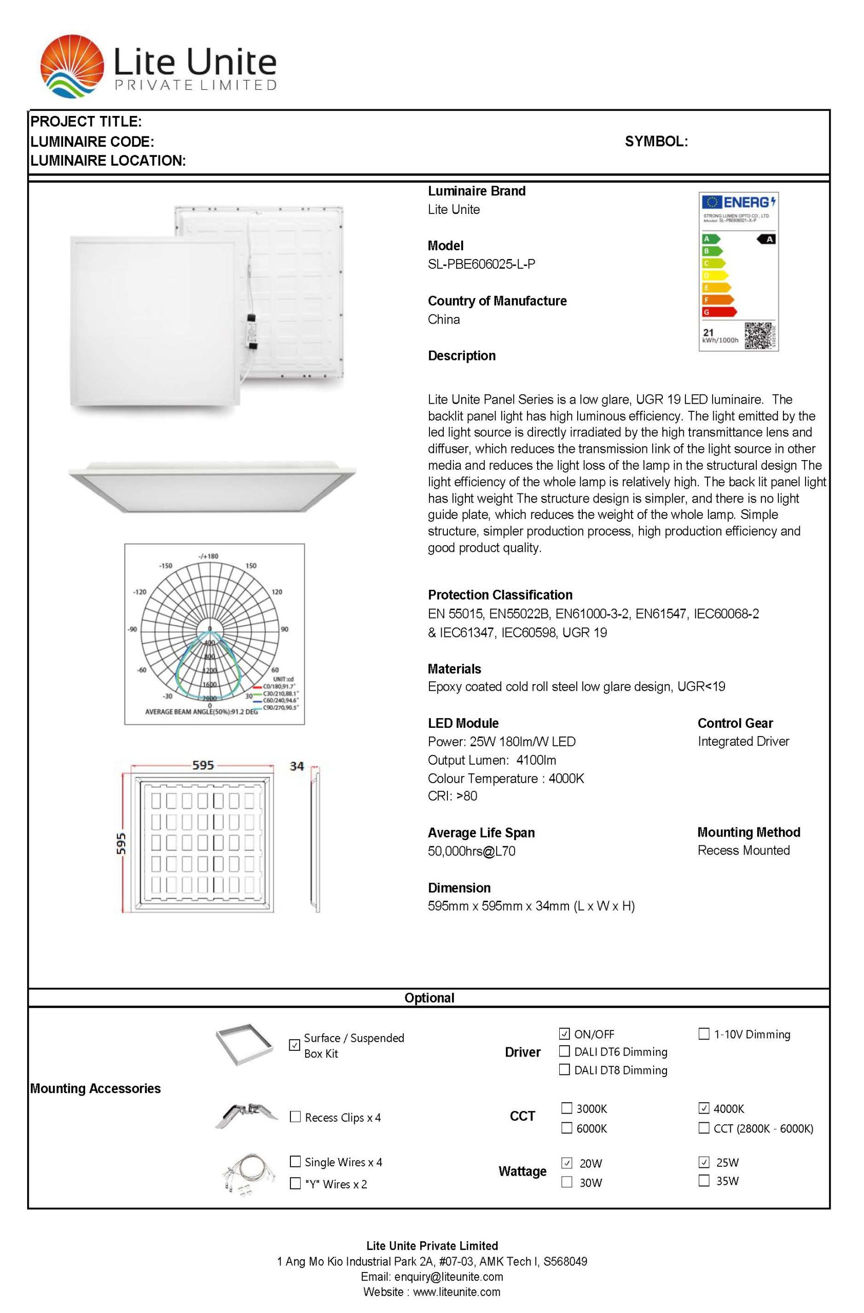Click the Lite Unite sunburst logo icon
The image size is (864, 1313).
72,66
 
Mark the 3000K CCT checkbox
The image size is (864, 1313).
566,1108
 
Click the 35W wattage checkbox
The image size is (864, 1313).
703,1181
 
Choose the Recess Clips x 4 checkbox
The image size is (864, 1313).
295,1117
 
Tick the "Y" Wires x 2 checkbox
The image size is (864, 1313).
295,1183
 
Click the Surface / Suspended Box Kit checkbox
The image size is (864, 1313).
294,1045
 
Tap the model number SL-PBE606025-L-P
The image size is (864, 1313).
481,264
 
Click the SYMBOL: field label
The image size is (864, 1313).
656,141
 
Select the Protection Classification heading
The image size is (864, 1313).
500,595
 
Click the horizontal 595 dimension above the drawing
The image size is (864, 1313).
203,765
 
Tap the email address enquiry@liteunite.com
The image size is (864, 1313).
431,1277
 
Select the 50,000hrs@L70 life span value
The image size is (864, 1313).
472,851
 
